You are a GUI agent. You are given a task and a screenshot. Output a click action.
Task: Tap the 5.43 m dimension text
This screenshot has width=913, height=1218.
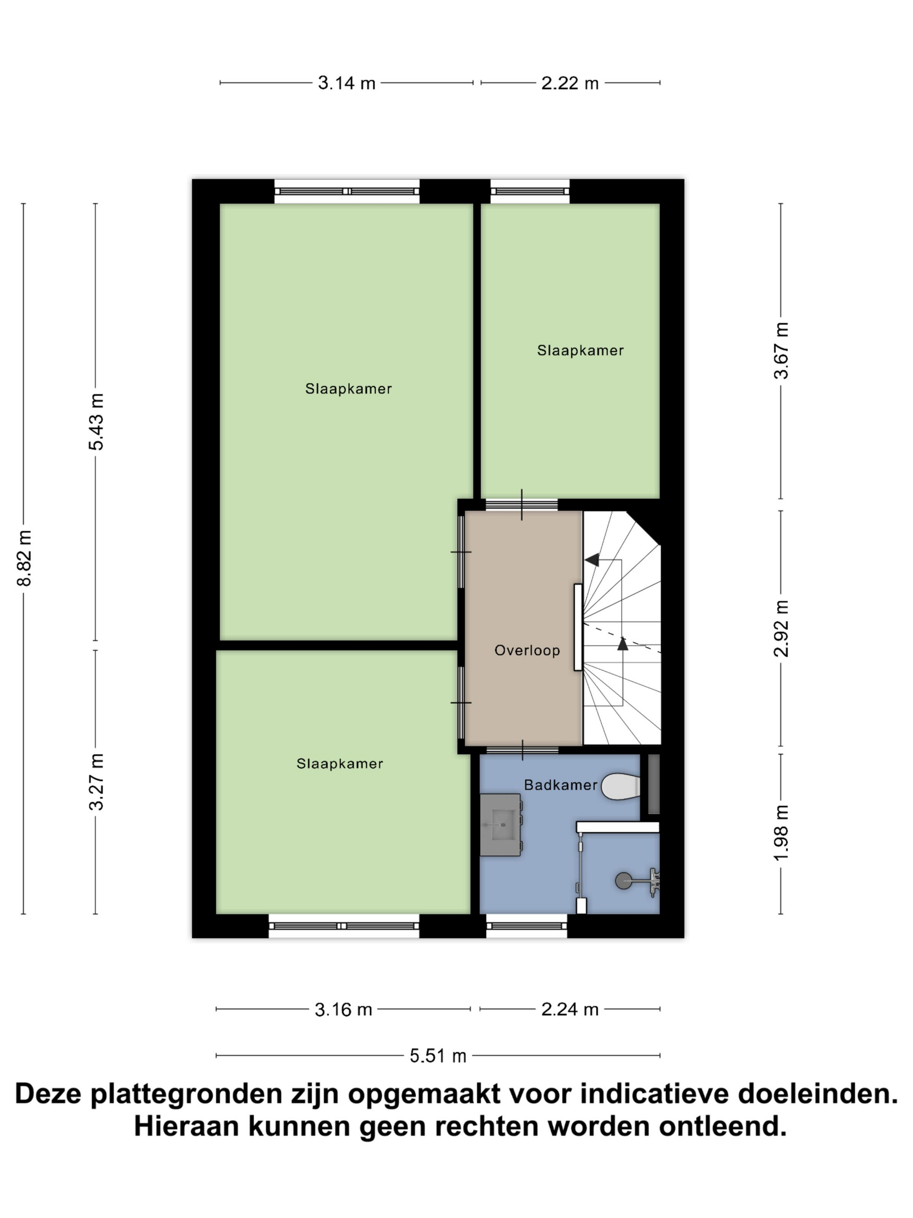pyautogui.click(x=96, y=422)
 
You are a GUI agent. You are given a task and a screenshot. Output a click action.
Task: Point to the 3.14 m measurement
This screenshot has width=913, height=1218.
pyautogui.click(x=347, y=83)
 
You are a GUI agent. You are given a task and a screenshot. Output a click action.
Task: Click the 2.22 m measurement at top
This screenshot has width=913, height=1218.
pyautogui.click(x=570, y=83)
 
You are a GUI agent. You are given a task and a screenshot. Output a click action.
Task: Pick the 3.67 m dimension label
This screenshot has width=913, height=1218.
pyautogui.click(x=781, y=351)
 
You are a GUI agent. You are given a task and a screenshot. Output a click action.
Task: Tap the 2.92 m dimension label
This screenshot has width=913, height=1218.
pyautogui.click(x=781, y=628)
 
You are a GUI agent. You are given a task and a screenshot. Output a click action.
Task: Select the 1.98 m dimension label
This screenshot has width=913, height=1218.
pyautogui.click(x=781, y=833)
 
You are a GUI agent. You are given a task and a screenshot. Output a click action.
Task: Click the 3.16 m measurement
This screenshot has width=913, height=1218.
pyautogui.click(x=343, y=1009)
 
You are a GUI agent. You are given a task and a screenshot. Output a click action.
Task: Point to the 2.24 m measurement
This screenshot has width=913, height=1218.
pyautogui.click(x=570, y=1009)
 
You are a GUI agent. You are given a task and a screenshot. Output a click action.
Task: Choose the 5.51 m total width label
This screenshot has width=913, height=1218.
pyautogui.click(x=438, y=1056)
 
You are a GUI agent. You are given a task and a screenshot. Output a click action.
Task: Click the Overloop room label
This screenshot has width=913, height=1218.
pyautogui.click(x=526, y=650)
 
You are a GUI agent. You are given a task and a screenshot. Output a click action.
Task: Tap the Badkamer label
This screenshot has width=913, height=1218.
pyautogui.click(x=560, y=785)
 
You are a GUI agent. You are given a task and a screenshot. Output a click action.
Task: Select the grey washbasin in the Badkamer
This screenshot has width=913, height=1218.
pyautogui.click(x=500, y=825)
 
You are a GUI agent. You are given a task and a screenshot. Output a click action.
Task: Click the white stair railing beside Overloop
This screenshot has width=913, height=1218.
pyautogui.click(x=578, y=627)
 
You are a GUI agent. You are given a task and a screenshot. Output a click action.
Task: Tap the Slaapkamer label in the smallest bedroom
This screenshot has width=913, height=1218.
pyautogui.click(x=580, y=351)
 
